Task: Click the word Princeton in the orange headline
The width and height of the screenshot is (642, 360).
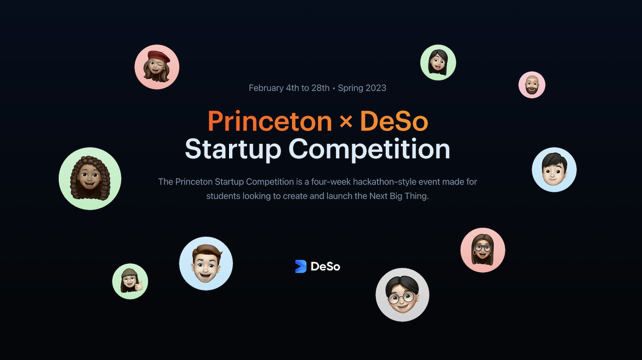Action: click(270, 121)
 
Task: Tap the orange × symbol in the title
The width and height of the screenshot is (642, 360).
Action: click(346, 121)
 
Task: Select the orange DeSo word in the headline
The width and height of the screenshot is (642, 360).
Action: click(394, 121)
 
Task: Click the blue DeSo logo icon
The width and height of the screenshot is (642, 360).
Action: click(300, 266)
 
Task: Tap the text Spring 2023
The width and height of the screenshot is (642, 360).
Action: click(362, 88)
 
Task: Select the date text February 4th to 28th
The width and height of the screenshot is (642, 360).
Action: click(289, 88)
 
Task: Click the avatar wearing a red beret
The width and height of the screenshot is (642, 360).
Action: click(157, 67)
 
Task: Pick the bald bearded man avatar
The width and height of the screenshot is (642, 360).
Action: click(532, 85)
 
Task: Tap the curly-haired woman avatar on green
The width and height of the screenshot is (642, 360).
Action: click(90, 179)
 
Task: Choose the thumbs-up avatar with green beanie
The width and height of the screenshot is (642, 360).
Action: click(130, 282)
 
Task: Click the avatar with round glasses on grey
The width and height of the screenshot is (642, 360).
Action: click(402, 295)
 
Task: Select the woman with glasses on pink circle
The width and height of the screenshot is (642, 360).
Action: click(483, 250)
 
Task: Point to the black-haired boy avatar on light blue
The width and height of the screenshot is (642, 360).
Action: click(554, 170)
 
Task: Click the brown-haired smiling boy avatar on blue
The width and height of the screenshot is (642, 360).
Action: click(206, 264)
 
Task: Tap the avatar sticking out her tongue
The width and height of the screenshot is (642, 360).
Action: click(438, 62)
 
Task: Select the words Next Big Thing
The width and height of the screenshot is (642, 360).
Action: click(398, 196)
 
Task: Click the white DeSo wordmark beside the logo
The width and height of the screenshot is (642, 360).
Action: click(325, 267)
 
